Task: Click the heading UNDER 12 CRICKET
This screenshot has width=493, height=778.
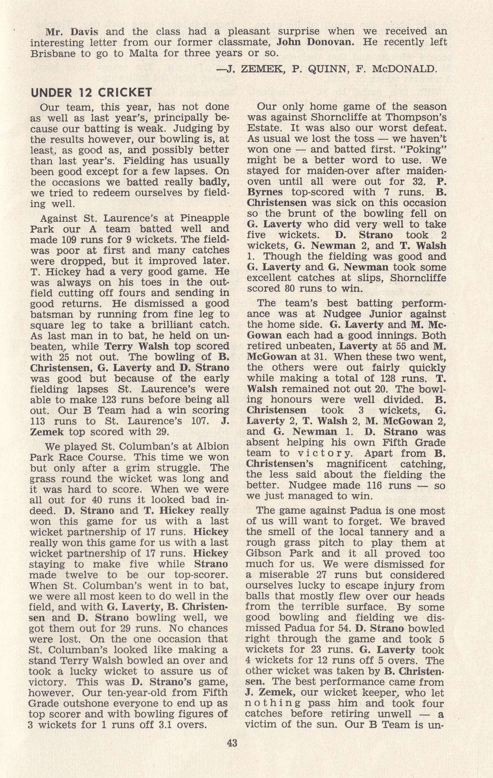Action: point(91,93)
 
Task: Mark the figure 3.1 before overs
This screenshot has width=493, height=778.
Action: point(150,725)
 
